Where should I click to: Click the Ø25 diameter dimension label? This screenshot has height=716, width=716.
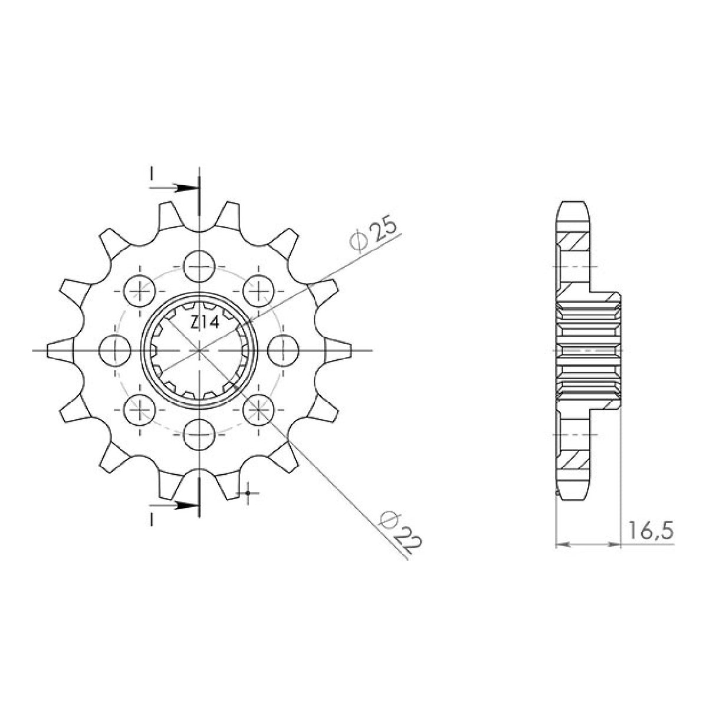[x=373, y=237]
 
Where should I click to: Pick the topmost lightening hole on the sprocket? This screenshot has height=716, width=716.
[x=199, y=267]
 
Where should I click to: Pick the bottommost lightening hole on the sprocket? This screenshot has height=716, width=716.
[x=199, y=434]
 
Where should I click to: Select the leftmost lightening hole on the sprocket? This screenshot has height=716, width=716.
[x=116, y=350]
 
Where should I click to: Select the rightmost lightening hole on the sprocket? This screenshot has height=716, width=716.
[x=283, y=350]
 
